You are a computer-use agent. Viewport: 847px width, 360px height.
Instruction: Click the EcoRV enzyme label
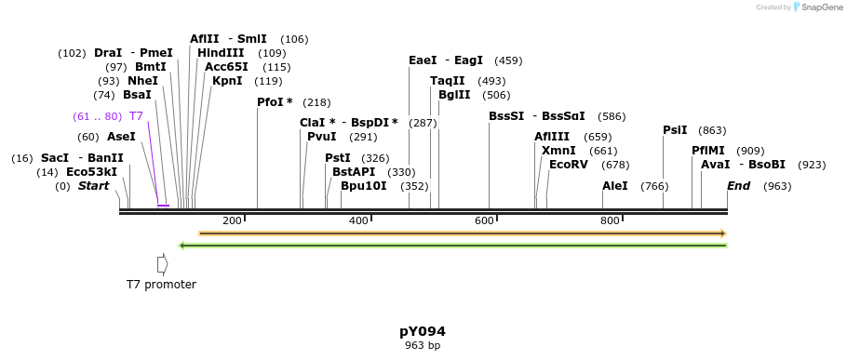coord(569,165)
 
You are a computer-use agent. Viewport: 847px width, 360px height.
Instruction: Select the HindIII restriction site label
coord(221,53)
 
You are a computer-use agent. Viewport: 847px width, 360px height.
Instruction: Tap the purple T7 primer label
coord(136,116)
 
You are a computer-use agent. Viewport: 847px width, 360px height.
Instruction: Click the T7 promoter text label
coord(162,285)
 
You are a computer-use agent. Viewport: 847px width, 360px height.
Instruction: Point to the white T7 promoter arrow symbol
coord(162,264)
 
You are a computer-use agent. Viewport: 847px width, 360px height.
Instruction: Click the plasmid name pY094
coord(423,331)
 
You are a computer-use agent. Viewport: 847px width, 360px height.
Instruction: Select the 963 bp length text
coord(423,345)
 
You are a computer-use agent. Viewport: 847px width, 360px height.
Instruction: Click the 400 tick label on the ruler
coord(358,220)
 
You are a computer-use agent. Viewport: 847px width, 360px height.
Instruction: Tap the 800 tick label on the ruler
coord(610,220)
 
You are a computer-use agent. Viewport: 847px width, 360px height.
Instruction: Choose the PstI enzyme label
coord(338,158)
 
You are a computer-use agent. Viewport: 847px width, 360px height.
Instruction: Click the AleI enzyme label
coord(615,186)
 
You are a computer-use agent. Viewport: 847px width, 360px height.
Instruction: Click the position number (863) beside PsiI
coord(712,131)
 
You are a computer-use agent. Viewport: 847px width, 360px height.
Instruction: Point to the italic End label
coord(738,186)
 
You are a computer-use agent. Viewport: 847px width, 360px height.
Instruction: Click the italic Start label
coord(93,186)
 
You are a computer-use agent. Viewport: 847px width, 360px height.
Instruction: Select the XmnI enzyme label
coord(558,151)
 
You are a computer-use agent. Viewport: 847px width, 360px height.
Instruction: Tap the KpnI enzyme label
coord(227,81)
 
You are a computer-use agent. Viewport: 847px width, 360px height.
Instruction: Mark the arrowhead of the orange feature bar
coord(721,233)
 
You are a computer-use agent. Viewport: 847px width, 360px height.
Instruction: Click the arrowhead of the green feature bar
coord(182,246)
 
